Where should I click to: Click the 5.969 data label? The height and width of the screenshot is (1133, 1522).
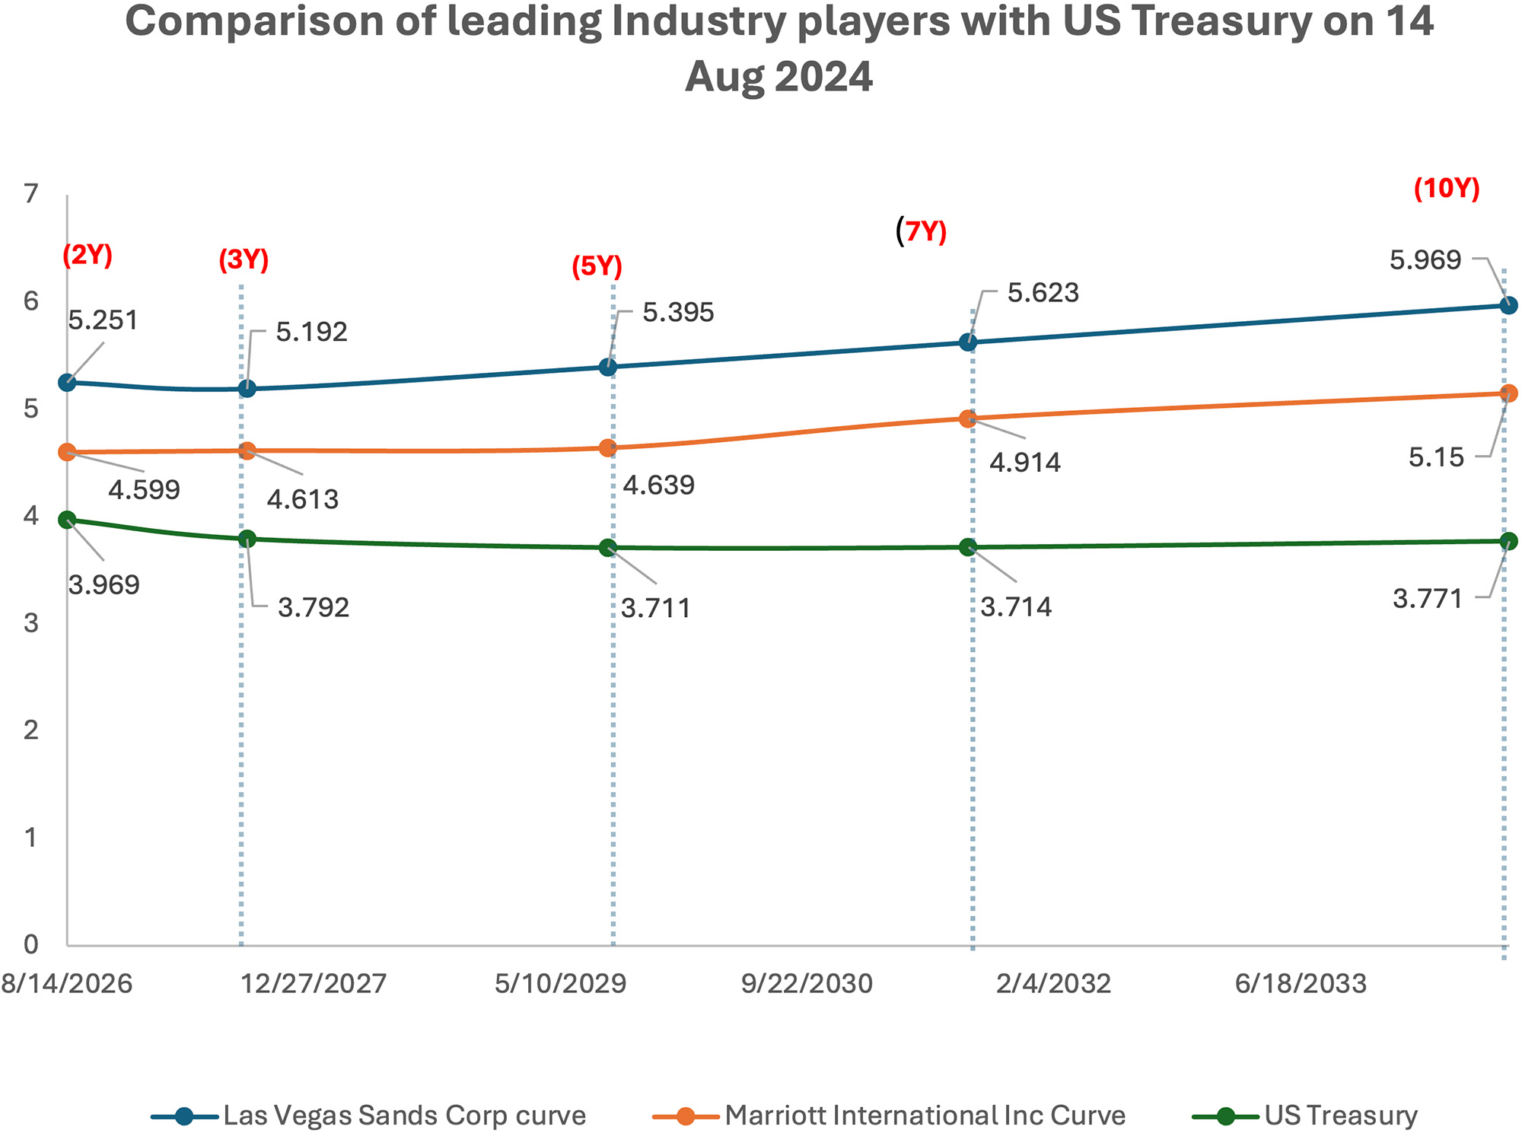click(x=1425, y=260)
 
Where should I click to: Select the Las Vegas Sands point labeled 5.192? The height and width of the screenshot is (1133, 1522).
click(x=247, y=389)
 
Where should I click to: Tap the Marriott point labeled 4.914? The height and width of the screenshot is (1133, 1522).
click(x=968, y=419)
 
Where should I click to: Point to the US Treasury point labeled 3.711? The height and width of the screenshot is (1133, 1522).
click(x=607, y=548)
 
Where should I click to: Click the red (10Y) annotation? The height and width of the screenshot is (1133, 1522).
click(x=1446, y=189)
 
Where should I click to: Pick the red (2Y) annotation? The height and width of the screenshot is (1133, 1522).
click(x=88, y=255)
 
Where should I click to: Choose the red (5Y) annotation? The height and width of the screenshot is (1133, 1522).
click(x=597, y=266)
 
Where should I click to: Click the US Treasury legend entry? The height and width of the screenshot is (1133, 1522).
click(x=1304, y=1115)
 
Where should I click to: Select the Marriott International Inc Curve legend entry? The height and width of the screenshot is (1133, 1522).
click(x=889, y=1115)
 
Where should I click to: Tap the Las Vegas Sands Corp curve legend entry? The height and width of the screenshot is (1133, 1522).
click(x=369, y=1115)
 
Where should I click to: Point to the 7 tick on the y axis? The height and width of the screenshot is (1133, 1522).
click(x=30, y=195)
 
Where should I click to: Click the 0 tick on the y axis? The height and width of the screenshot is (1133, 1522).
click(x=30, y=944)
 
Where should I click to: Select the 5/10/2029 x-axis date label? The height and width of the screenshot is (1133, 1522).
click(x=560, y=984)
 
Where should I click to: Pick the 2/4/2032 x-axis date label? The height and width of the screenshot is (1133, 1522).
click(x=1053, y=984)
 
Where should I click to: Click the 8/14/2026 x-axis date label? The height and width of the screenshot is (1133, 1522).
click(x=67, y=984)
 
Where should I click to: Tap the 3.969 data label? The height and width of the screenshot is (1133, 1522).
click(x=103, y=585)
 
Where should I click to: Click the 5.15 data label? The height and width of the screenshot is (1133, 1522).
click(x=1436, y=457)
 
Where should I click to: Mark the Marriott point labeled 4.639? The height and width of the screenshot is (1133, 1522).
click(x=607, y=448)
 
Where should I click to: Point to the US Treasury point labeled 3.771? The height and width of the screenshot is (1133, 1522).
click(x=1508, y=541)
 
